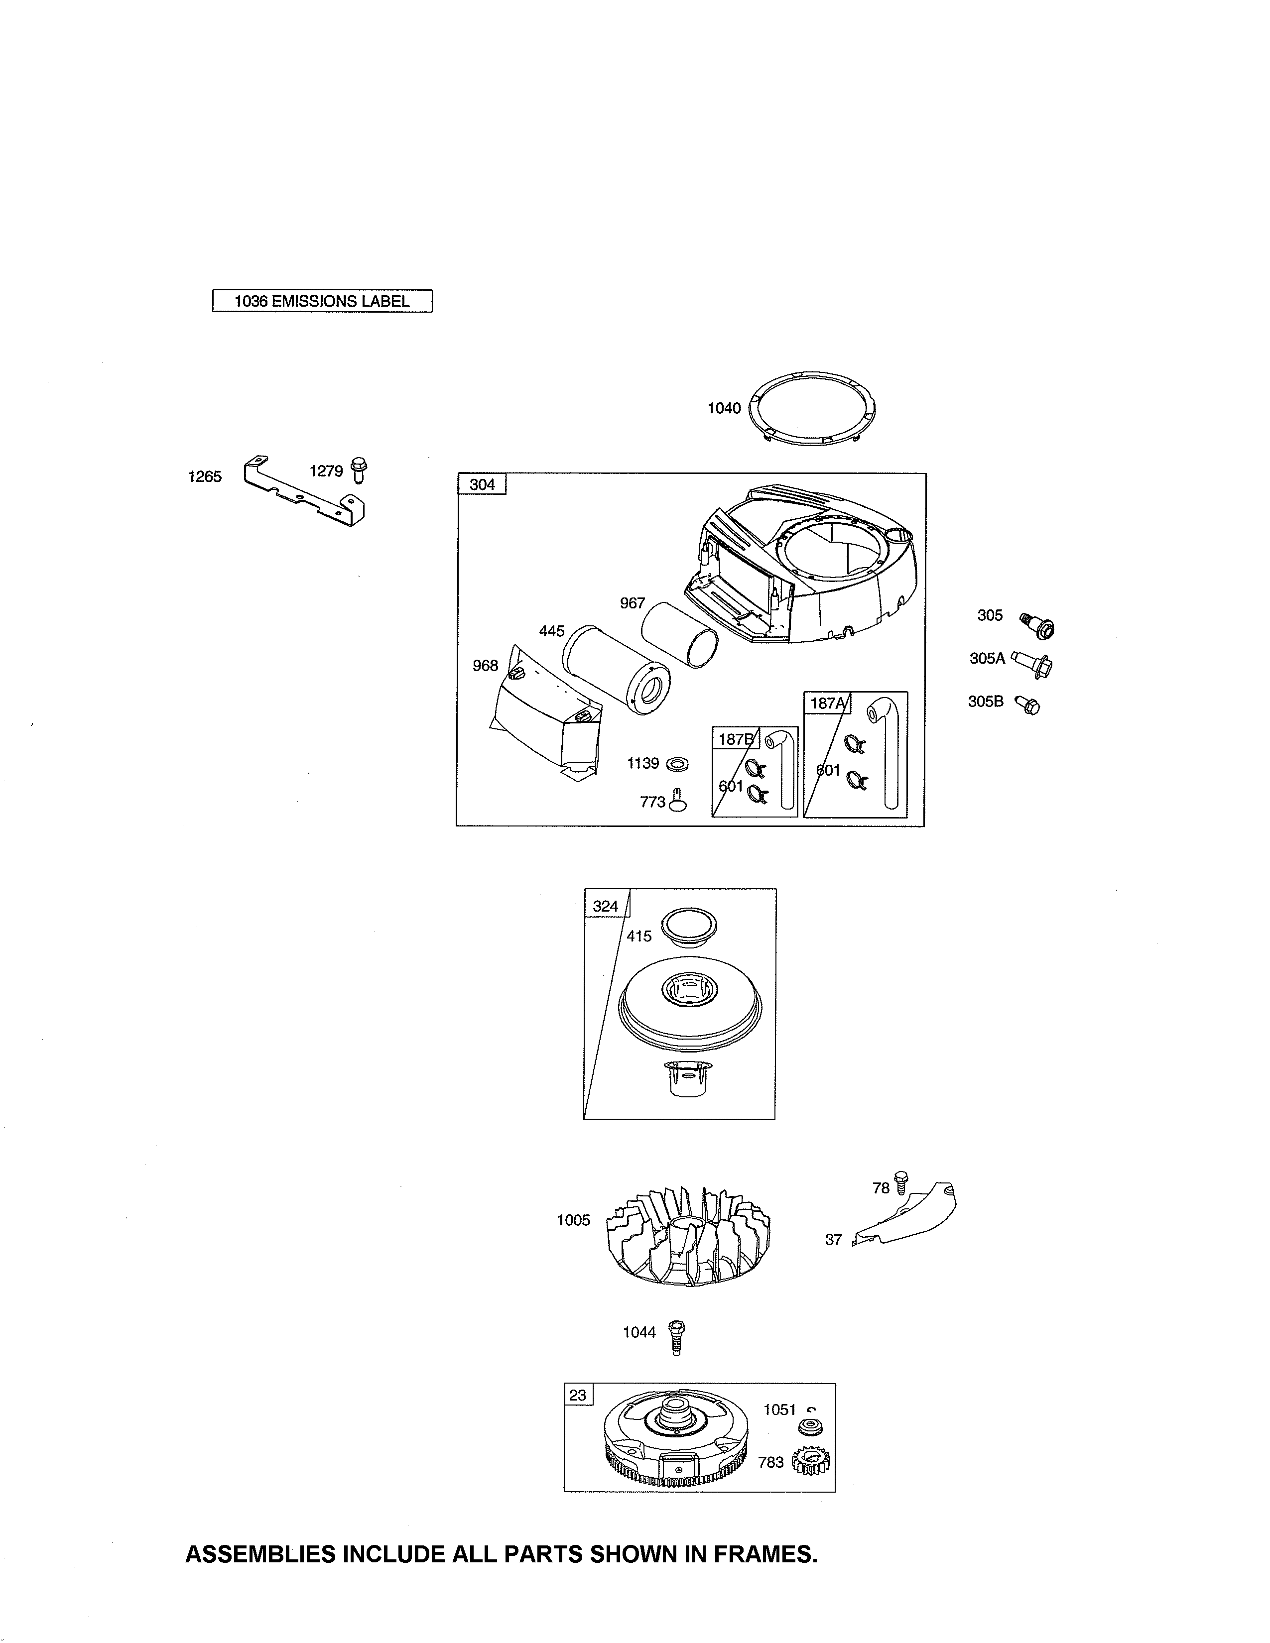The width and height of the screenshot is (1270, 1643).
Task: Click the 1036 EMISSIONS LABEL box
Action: [x=322, y=301]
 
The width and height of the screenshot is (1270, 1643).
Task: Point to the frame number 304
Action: [x=482, y=484]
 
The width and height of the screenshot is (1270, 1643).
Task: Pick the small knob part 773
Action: [x=677, y=802]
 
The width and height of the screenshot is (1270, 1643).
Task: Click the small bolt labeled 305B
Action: [x=1028, y=705]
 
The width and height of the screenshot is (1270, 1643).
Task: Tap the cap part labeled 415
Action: [x=688, y=928]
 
